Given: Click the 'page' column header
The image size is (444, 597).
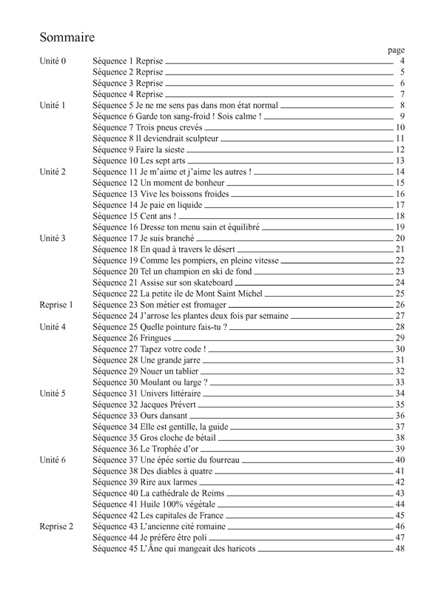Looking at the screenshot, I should tap(396, 50).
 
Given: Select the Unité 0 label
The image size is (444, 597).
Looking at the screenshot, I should tap(53, 61).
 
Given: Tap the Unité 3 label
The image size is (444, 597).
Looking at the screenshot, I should tap(53, 238).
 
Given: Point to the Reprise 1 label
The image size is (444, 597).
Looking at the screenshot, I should tap(56, 305).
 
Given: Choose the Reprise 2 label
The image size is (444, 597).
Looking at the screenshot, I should tap(56, 527).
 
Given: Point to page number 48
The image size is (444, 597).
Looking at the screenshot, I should tap(400, 549).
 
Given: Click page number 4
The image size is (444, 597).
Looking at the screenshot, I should tap(401, 61).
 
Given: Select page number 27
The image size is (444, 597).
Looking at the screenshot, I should tap(400, 316).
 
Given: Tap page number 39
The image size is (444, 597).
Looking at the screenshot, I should tap(400, 449).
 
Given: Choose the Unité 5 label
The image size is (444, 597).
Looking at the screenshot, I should tap(53, 394).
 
